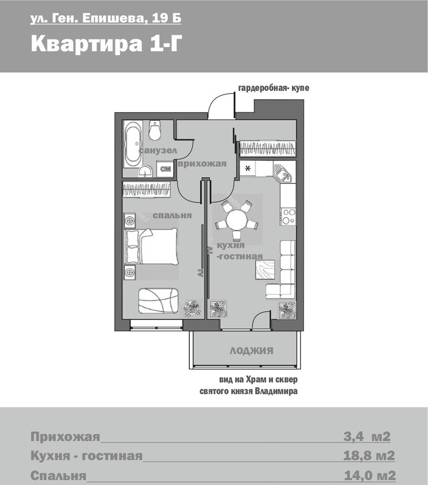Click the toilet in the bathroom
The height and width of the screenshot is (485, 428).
click(154, 130)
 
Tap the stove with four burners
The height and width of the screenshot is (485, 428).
click(288, 216)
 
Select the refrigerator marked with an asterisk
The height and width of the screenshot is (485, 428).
click(248, 169)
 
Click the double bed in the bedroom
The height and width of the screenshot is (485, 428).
click(151, 246)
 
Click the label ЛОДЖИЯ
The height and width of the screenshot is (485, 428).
click(251, 351)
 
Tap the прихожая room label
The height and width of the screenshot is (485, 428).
click(202, 164)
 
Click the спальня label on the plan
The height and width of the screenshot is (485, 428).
click(172, 215)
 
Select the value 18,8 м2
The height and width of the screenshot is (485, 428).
click(369, 456)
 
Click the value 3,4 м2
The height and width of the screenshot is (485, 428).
click(367, 437)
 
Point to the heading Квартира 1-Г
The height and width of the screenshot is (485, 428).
click(105, 43)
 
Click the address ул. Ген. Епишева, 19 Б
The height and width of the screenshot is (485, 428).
click(106, 19)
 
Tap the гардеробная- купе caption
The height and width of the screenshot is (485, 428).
click(274, 88)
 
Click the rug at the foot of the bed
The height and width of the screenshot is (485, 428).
click(158, 301)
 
